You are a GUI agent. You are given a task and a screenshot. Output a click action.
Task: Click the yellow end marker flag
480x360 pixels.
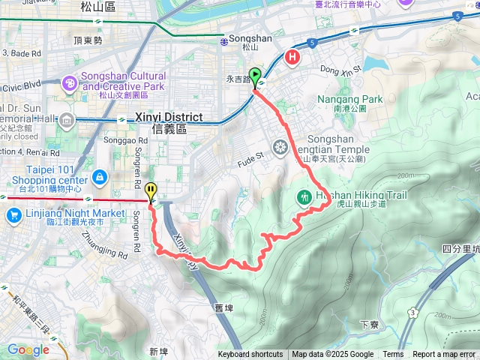(x=151, y=191)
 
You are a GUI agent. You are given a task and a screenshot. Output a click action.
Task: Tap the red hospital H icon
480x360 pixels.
(x=293, y=57)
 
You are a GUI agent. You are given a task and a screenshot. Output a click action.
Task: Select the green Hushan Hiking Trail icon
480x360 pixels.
(x=304, y=196)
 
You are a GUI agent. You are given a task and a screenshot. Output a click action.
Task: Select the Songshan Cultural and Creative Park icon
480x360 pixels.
(x=69, y=82)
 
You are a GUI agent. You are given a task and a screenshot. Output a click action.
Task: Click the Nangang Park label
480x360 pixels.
(x=349, y=99)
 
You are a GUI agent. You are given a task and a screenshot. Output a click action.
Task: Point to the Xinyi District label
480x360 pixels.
(x=169, y=117)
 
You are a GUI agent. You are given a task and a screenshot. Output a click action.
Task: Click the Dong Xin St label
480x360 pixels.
(x=340, y=68)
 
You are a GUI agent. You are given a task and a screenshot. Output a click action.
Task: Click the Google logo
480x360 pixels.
(x=28, y=349)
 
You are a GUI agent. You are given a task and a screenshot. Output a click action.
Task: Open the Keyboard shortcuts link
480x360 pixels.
(x=250, y=355)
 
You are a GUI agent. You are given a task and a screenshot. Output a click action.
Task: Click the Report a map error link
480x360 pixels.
(x=444, y=355)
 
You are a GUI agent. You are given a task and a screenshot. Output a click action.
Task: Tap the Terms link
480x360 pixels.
(x=393, y=355)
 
